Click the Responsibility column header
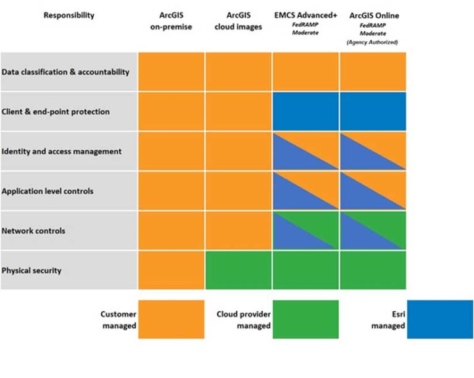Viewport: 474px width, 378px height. pos(69,15)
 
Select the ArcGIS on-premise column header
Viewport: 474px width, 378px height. pos(171,20)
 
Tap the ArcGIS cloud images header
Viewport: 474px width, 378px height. pos(238,20)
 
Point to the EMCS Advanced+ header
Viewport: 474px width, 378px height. pos(306,15)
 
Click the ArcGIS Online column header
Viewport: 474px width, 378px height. pos(373,15)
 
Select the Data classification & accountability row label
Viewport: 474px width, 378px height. pos(65,72)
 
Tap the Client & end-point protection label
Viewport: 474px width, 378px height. pos(56,112)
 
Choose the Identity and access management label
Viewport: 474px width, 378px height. pos(62,151)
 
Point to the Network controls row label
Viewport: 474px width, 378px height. pos(33,231)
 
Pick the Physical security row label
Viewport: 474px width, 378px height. pos(31,270)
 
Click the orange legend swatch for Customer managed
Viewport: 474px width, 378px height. pos(171,319)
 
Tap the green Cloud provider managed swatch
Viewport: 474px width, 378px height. pos(306,319)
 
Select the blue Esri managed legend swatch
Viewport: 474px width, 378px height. pos(439,319)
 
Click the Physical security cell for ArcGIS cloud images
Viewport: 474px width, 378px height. pos(238,270)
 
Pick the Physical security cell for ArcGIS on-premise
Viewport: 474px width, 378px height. pos(171,270)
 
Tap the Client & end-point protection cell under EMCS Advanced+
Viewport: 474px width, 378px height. pos(306,112)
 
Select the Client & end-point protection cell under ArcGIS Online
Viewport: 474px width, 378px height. pos(373,112)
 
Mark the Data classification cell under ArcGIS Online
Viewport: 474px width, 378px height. pos(373,72)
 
